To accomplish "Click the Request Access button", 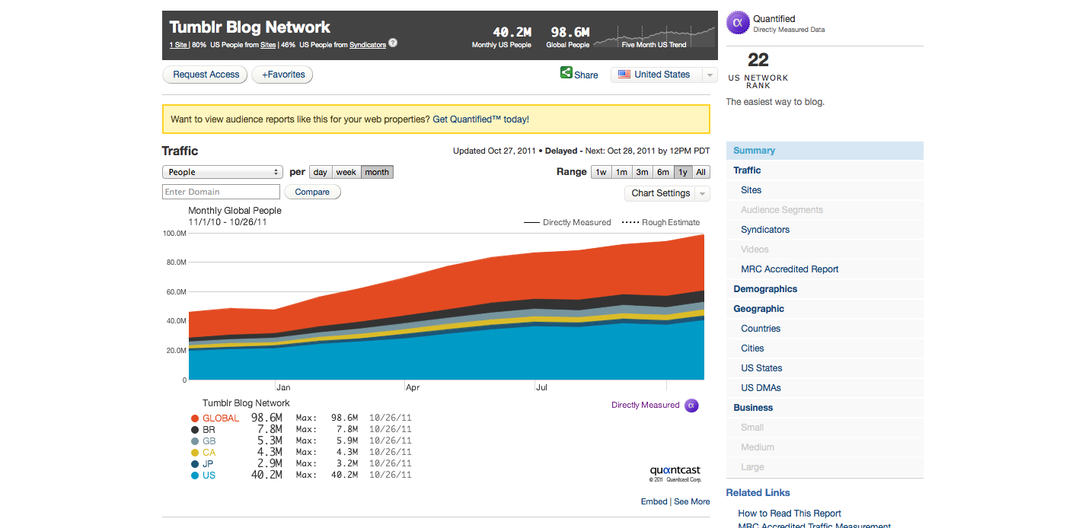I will tap(206, 75).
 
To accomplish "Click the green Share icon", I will tap(566, 73).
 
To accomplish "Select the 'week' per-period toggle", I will tap(346, 172).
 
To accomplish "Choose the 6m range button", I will tap(663, 172).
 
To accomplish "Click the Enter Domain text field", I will tap(222, 192).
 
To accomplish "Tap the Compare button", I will tap(312, 192).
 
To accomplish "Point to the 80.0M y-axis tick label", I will tap(175, 262).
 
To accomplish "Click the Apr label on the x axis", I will tap(413, 387).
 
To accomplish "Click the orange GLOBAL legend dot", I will tap(195, 418).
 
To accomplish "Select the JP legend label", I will tap(209, 464).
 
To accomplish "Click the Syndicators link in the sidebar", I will tap(765, 230).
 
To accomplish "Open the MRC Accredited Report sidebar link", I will tap(790, 269).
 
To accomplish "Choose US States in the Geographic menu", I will tap(761, 368).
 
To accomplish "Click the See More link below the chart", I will tap(691, 501).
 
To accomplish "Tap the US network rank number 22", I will tap(758, 59).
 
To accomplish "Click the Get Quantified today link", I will tap(480, 119).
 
